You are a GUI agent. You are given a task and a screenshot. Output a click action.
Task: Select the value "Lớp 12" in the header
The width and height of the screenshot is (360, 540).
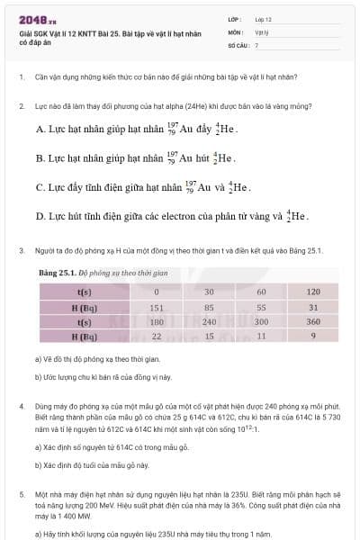click(x=264, y=18)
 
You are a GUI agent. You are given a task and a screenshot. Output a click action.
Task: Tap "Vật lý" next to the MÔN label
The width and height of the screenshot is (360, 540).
click(x=262, y=31)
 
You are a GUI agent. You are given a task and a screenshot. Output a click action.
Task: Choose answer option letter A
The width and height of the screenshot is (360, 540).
click(x=40, y=130)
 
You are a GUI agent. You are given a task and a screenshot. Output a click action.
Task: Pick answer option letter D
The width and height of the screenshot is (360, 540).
click(x=40, y=217)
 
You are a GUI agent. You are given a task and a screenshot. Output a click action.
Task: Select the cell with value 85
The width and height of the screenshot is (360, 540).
click(x=209, y=307)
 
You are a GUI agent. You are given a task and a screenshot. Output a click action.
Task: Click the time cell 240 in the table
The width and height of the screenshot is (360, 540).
click(x=209, y=321)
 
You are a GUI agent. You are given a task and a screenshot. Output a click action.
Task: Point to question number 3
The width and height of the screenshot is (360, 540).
click(x=21, y=249)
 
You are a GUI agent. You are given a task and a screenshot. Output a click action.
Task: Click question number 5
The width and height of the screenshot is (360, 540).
click(x=21, y=495)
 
